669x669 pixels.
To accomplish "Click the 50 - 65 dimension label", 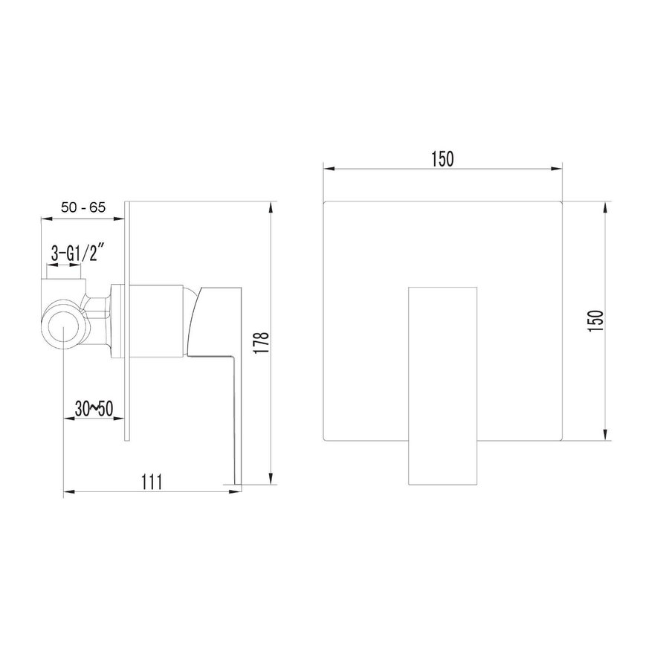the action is [x=83, y=208].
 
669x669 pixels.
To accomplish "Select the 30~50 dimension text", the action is [x=94, y=409].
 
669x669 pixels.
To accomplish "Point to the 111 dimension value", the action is [x=152, y=482].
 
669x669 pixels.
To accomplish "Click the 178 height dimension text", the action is [x=261, y=342].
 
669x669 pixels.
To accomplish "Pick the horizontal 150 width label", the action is [x=442, y=159].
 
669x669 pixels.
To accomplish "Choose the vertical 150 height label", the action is [x=596, y=321].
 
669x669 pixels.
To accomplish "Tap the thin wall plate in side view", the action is [x=126, y=321].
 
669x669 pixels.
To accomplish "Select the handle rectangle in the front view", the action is [x=442, y=386].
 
